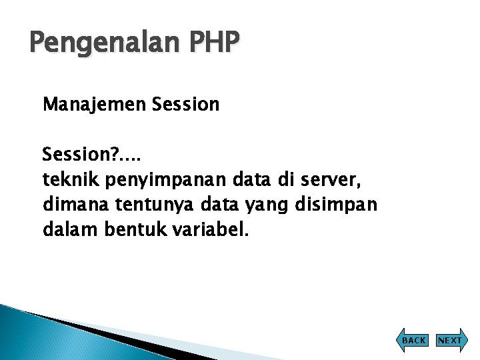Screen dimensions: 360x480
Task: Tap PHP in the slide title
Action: (x=214, y=43)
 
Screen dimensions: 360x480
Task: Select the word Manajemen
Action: (x=94, y=105)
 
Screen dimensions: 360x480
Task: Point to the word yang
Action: (x=263, y=205)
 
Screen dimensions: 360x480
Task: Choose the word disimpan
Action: (x=335, y=205)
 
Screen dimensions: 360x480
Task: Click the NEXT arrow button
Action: (x=449, y=340)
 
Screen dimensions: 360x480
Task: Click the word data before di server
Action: (x=249, y=180)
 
